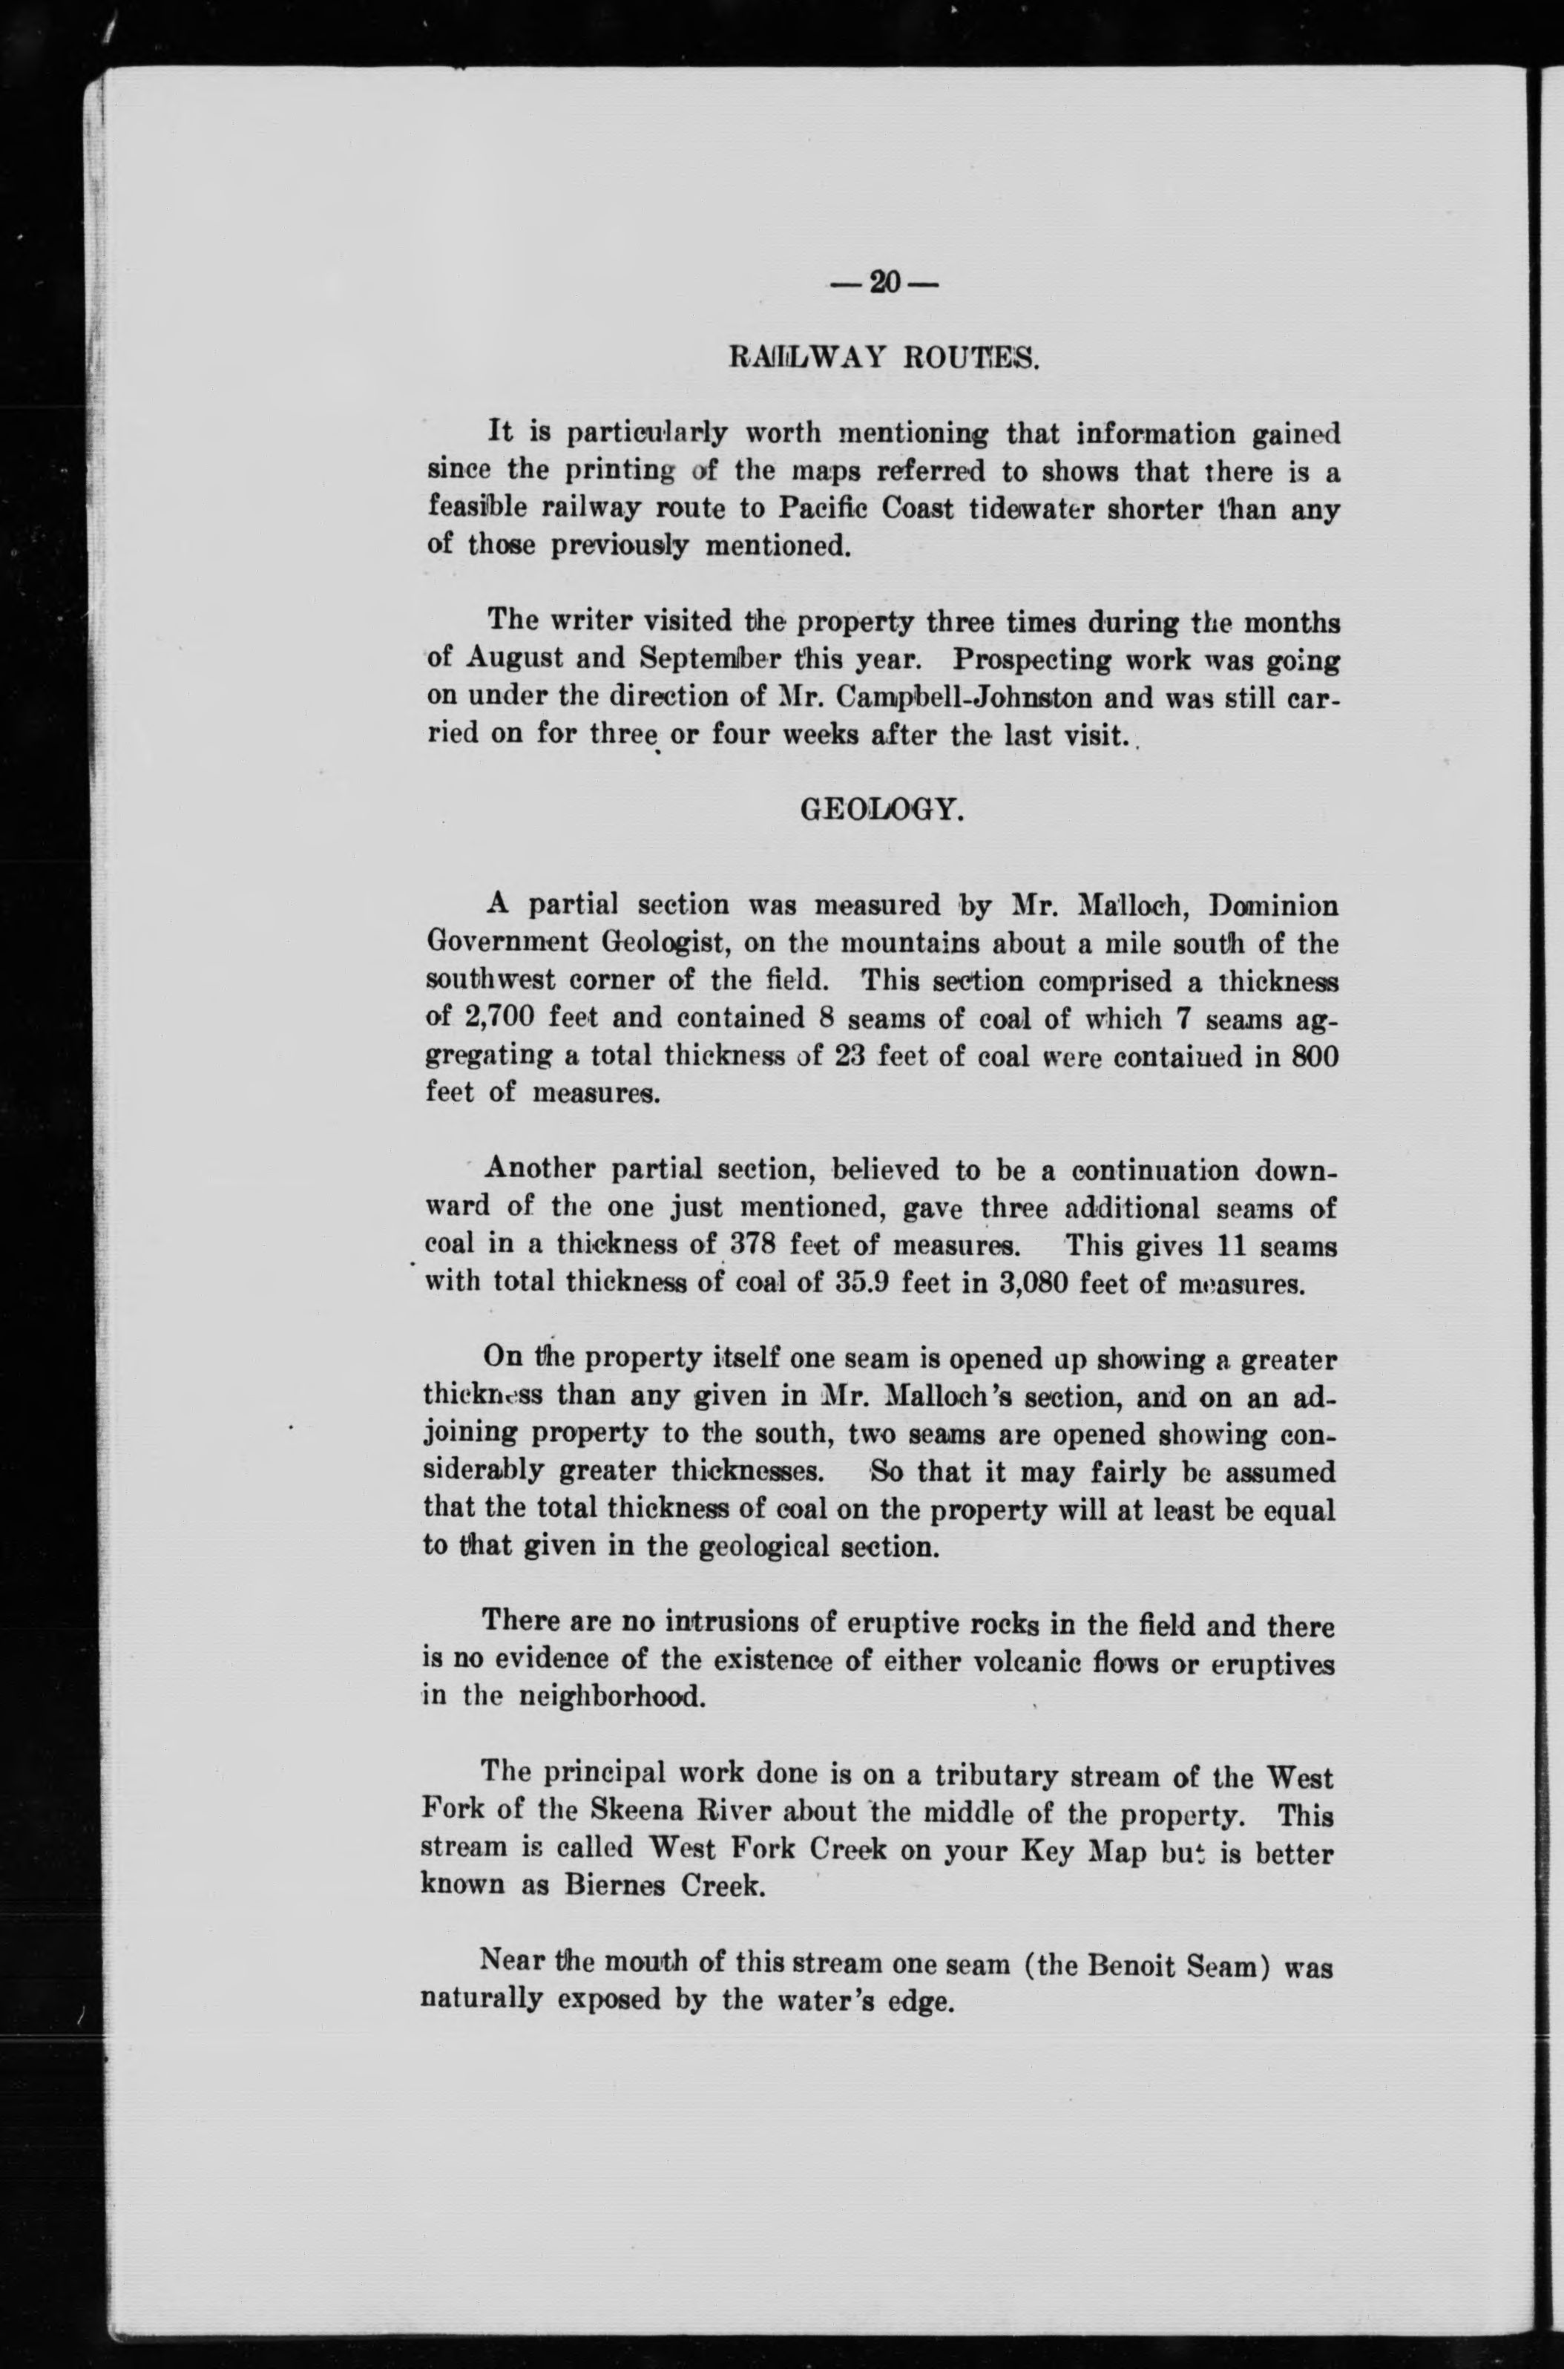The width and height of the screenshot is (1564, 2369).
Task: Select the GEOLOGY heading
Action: [x=881, y=810]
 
